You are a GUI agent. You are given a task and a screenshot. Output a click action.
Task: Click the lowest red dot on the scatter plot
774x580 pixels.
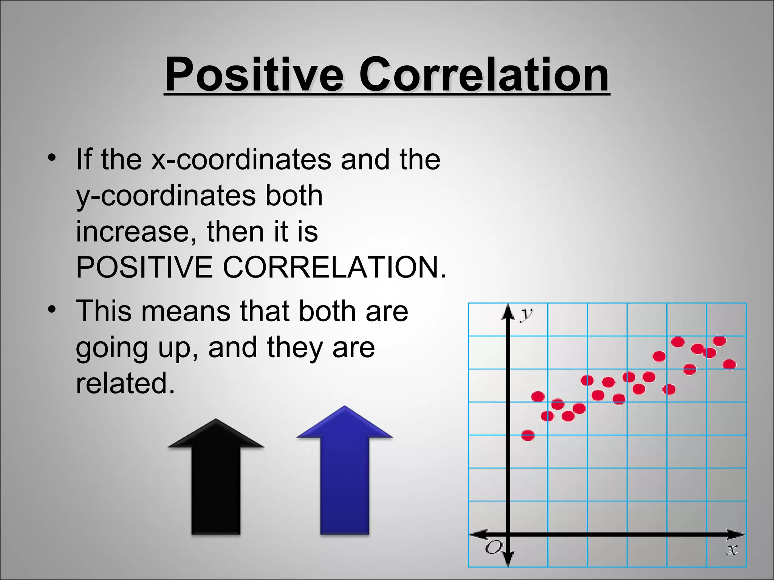(528, 435)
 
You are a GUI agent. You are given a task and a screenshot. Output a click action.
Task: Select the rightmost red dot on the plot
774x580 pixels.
(729, 364)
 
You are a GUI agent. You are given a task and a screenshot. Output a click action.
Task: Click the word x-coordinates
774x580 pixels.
(241, 159)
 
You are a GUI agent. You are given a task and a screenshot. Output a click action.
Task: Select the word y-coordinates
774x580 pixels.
(166, 196)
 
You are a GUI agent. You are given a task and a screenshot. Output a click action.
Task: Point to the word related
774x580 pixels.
(125, 383)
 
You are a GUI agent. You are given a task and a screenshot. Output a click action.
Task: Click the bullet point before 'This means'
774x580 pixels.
(52, 309)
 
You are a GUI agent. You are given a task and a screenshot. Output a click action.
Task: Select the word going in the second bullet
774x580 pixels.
(112, 348)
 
